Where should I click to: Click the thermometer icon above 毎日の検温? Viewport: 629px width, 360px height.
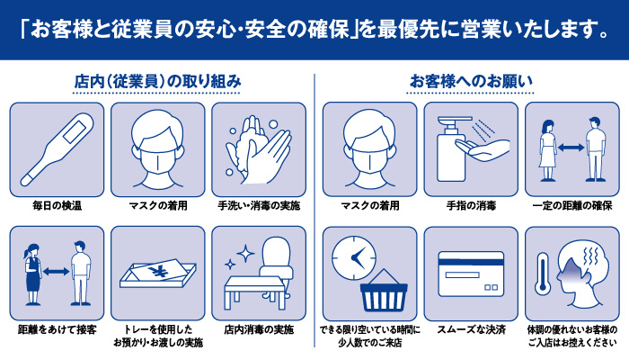(x=56, y=150)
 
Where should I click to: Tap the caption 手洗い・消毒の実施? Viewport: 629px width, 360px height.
(x=259, y=206)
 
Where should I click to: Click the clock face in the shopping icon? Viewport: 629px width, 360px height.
(x=354, y=258)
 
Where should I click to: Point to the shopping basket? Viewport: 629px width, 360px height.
(x=384, y=292)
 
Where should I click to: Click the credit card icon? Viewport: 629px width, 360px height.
(x=471, y=274)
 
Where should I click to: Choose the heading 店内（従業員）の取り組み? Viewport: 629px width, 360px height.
(x=157, y=82)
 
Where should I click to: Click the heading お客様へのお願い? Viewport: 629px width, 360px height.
(x=471, y=81)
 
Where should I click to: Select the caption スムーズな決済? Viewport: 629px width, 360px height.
(x=471, y=330)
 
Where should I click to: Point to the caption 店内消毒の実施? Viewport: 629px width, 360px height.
(x=259, y=330)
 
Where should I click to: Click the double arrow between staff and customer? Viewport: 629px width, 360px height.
(x=56, y=272)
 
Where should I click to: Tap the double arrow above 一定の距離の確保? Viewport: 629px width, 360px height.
(x=571, y=148)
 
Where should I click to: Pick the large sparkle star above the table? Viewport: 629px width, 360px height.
(x=245, y=253)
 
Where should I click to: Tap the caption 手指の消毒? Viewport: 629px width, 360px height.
(x=471, y=206)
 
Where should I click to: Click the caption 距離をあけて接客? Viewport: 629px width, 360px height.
(x=57, y=330)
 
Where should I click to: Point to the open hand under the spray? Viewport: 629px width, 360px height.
(x=483, y=148)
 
